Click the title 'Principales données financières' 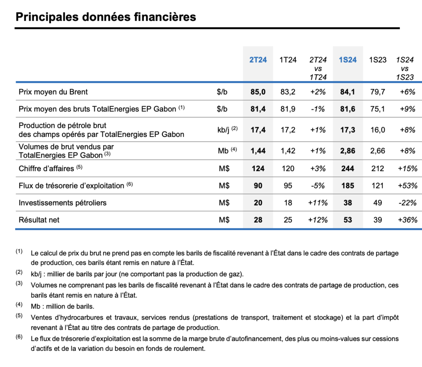(x=105, y=17)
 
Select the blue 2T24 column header (x=258, y=60)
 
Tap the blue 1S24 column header (x=347, y=60)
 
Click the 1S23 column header (x=377, y=60)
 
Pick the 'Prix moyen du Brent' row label (x=53, y=92)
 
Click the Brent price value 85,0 (x=258, y=92)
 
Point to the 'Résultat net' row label (x=39, y=220)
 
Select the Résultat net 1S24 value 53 (x=348, y=220)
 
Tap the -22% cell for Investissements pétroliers (x=408, y=202)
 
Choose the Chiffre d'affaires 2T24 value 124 (x=258, y=168)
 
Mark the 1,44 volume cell (x=258, y=151)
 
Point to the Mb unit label (x=223, y=151)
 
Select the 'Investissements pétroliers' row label (x=63, y=202)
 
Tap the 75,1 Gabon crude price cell (x=377, y=109)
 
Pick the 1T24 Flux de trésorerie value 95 (x=288, y=186)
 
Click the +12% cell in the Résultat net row (x=318, y=220)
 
